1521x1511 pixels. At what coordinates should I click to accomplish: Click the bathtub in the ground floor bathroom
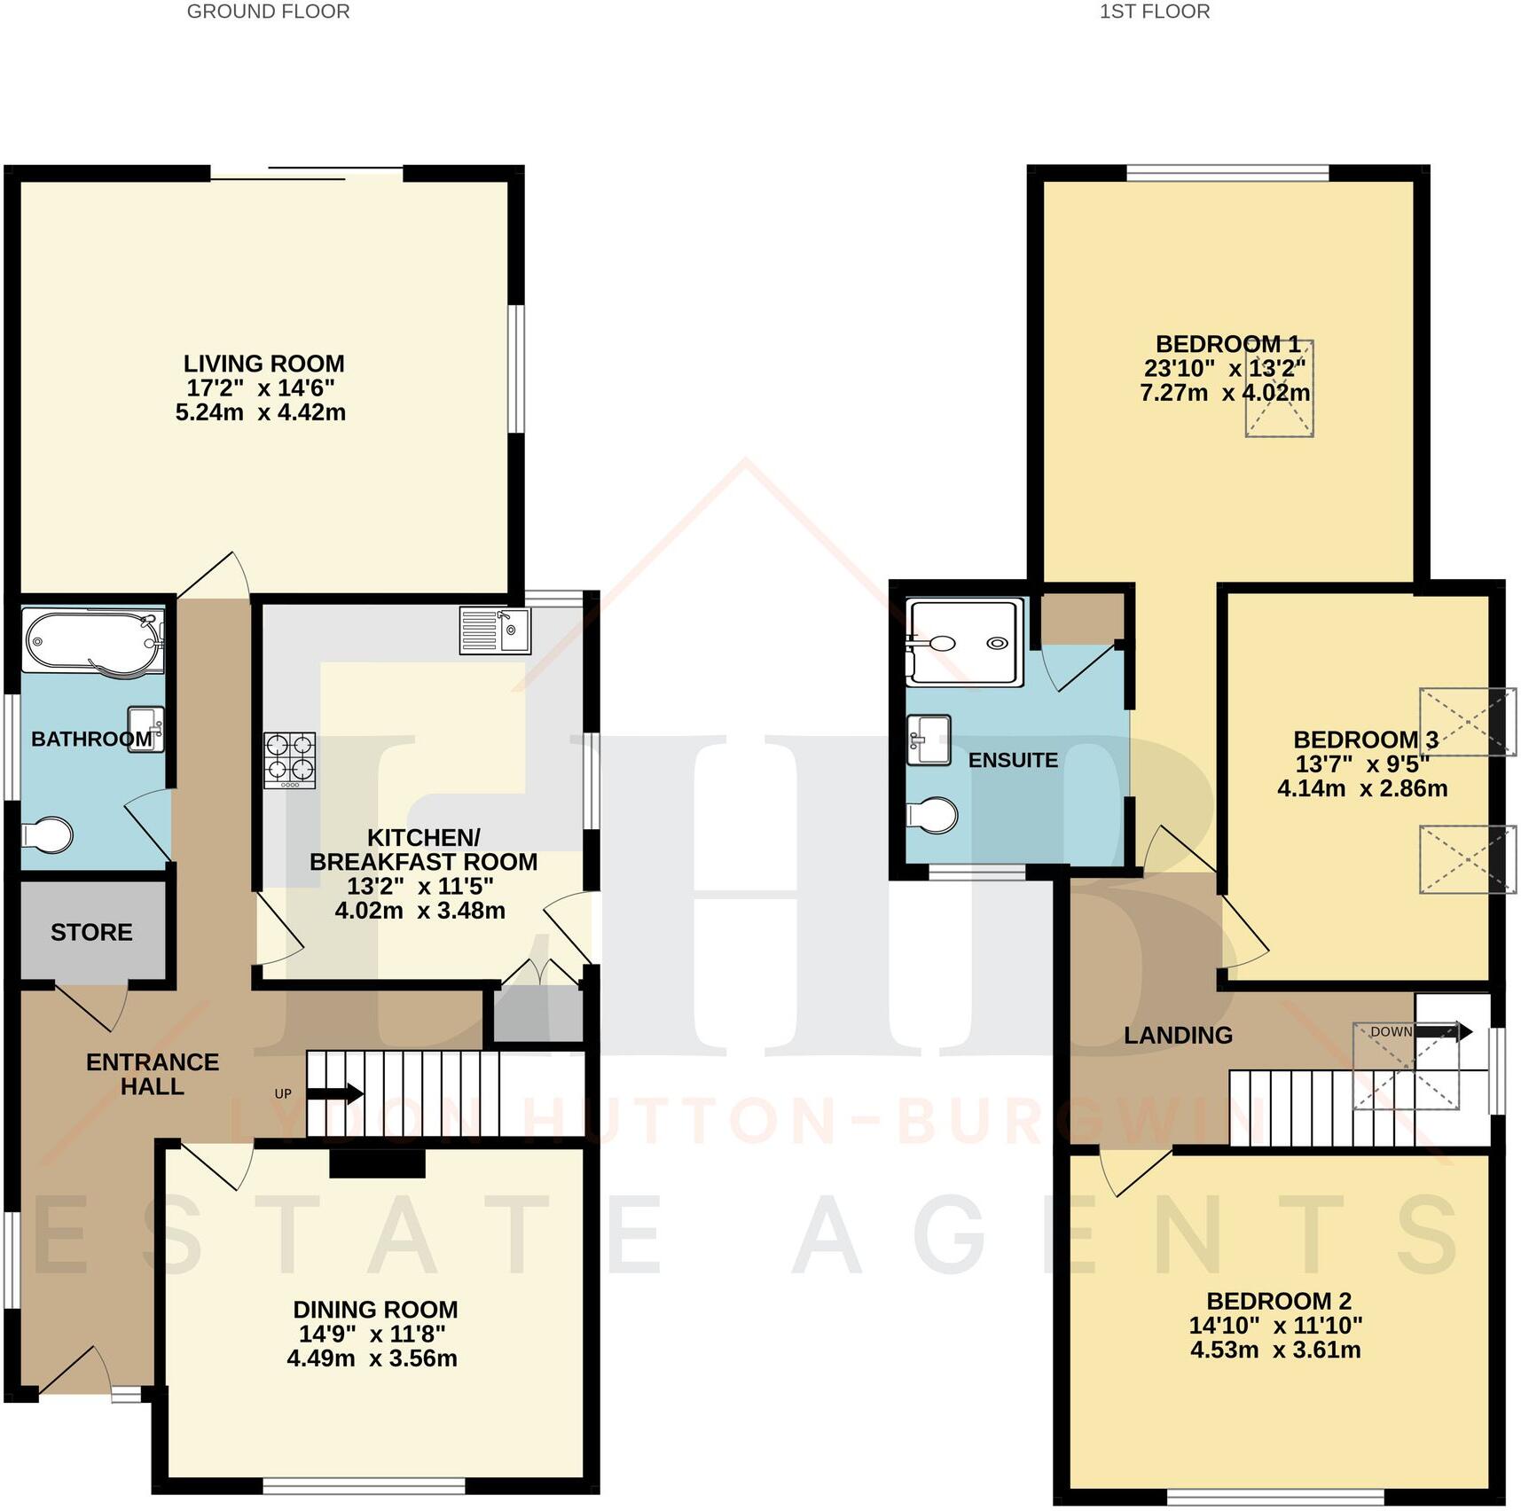tap(93, 640)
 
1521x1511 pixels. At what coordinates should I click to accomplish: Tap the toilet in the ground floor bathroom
tap(47, 834)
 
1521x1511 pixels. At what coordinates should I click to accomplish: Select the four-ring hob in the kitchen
tap(290, 760)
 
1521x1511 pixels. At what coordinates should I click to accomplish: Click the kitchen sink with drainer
tap(495, 630)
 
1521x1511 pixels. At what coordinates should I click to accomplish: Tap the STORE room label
tap(91, 932)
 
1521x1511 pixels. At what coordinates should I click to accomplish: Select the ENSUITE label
tap(1013, 760)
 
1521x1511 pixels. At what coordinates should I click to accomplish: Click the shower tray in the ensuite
tap(965, 642)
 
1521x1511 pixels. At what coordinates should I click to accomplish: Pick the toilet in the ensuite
tap(932, 815)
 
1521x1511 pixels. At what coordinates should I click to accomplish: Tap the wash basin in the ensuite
tap(929, 740)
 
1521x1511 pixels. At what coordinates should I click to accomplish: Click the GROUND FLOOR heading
tap(268, 12)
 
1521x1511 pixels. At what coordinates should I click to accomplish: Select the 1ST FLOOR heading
tap(1154, 12)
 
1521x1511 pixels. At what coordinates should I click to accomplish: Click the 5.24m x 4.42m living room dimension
tap(261, 412)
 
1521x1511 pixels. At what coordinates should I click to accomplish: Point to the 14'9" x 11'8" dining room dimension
tap(372, 1334)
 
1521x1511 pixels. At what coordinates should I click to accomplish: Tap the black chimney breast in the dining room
tap(377, 1163)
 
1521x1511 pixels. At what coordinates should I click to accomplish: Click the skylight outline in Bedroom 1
tap(1279, 388)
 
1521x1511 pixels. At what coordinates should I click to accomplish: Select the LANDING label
tap(1178, 1035)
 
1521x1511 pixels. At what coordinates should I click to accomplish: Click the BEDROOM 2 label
tap(1278, 1301)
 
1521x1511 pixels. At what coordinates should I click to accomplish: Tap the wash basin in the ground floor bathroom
tap(145, 729)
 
